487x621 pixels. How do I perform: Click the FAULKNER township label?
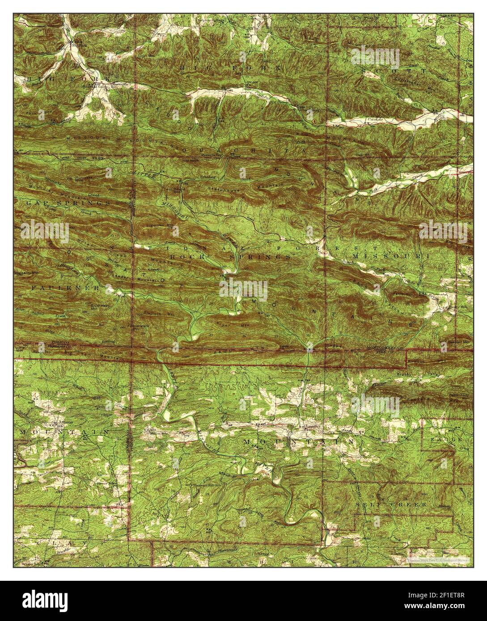coord(65,289)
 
